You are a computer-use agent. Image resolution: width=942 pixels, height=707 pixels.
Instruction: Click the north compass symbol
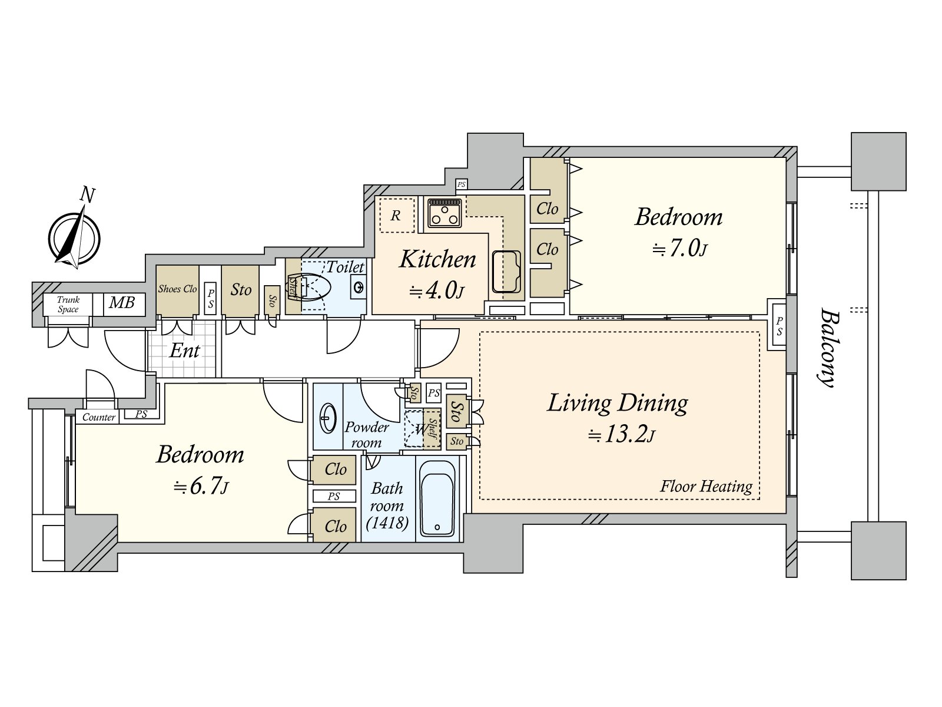point(74,238)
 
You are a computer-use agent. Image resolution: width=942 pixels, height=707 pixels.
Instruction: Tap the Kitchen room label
point(437,259)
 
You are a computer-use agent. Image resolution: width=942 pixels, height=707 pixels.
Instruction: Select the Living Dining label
point(617,404)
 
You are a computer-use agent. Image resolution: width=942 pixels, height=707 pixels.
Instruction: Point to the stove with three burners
point(445,213)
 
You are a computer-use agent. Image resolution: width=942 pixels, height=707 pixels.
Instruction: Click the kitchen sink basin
point(506,271)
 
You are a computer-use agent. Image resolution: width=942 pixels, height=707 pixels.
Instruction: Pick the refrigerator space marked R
point(397,215)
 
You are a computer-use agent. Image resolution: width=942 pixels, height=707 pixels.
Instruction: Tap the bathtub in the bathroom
point(437,498)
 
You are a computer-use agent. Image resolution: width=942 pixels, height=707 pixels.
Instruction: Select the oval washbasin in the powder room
point(329,418)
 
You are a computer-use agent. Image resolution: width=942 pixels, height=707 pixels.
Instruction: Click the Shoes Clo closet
point(177,290)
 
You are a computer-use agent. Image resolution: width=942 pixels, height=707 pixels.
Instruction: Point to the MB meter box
point(122,303)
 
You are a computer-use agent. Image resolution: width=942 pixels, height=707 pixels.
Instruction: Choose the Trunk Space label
point(68,305)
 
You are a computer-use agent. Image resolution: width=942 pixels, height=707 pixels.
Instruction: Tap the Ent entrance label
point(184,351)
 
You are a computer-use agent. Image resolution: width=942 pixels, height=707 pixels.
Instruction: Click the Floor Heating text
point(706,487)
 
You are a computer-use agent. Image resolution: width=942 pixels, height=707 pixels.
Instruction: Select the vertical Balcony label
point(828,347)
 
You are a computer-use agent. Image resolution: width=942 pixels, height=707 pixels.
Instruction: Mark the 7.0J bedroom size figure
point(679,249)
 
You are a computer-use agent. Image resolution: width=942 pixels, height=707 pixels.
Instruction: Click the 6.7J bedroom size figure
point(200,487)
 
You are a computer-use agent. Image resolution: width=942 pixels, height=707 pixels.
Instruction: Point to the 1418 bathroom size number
point(387,523)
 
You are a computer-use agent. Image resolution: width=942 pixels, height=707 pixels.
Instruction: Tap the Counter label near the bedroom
point(99,417)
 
